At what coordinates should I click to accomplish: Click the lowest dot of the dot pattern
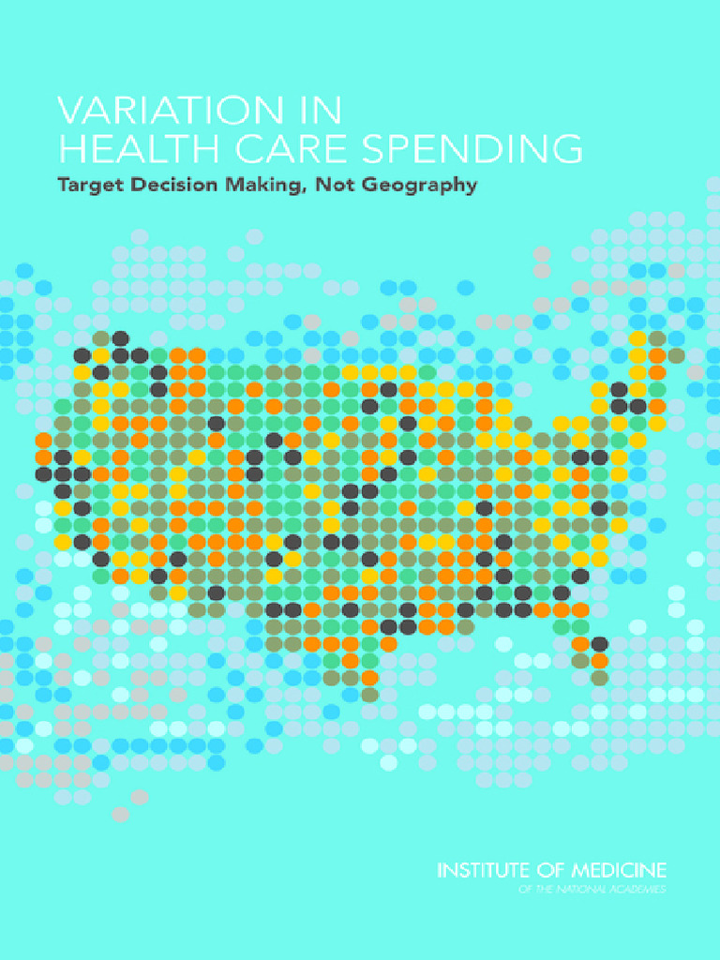point(120,814)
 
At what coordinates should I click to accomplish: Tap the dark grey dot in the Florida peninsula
point(599,644)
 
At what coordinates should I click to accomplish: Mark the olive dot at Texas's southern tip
point(369,695)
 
